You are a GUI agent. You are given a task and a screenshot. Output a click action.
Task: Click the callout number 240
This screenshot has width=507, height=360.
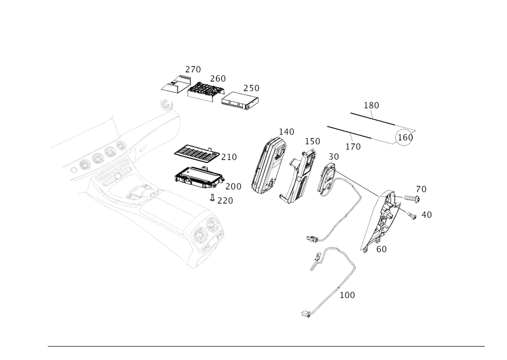point(193,68)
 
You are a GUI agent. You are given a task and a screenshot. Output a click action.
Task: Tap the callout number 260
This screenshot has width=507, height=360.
point(218,79)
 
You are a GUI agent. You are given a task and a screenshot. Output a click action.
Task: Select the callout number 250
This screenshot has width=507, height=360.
point(251,88)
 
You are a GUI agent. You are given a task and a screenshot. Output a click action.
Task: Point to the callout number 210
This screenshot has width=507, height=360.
point(229,158)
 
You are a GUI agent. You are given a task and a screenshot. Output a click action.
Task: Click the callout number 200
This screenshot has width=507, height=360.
point(233,187)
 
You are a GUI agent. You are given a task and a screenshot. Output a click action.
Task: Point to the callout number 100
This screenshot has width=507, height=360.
point(347,294)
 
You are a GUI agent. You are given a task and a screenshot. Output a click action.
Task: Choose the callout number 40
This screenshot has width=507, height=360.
point(426,215)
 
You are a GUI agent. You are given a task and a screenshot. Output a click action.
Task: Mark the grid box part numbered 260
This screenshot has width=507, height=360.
point(205,90)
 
